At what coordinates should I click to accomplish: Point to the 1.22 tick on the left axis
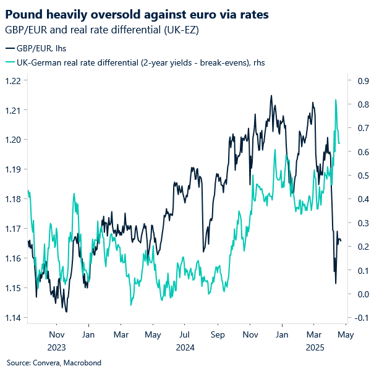pyautogui.click(x=14, y=80)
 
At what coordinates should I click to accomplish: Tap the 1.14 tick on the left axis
pyautogui.click(x=14, y=318)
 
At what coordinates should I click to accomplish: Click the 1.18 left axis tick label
pyautogui.click(x=14, y=199)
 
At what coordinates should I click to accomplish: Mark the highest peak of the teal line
pyautogui.click(x=336, y=100)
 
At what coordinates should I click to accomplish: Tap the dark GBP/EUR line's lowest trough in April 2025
pyautogui.click(x=336, y=284)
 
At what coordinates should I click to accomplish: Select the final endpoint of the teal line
pyautogui.click(x=340, y=143)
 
